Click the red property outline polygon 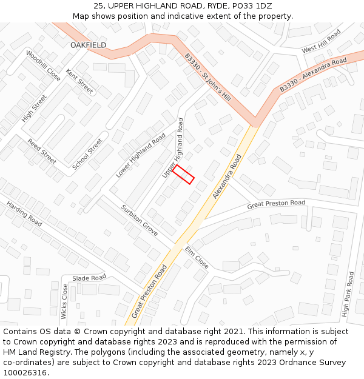(183, 174)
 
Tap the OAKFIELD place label (88, 45)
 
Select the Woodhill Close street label (43, 65)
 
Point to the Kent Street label (79, 81)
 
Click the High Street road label (34, 109)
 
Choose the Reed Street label (42, 151)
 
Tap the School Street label (87, 154)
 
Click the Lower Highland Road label (141, 155)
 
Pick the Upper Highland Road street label (172, 149)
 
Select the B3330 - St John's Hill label (208, 77)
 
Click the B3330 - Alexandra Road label (313, 75)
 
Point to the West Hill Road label (321, 41)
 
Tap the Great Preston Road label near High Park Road (276, 205)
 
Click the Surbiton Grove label (140, 220)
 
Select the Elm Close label (197, 258)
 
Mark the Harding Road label (24, 214)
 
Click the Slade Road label (89, 278)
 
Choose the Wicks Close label (64, 301)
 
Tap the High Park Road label (347, 293)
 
